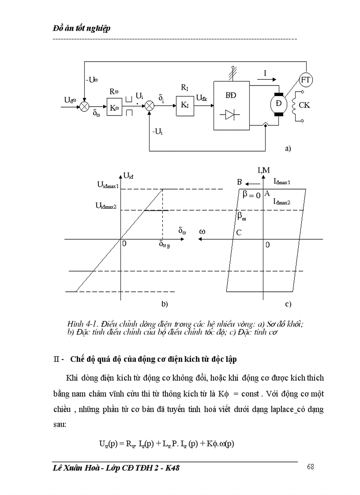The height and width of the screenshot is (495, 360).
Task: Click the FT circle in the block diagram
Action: click(305, 80)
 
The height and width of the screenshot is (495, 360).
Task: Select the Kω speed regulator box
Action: click(114, 107)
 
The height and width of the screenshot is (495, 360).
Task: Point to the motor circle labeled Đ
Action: click(279, 105)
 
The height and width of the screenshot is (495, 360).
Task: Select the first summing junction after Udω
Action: click(83, 107)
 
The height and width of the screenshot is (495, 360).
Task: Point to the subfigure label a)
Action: click(288, 149)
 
